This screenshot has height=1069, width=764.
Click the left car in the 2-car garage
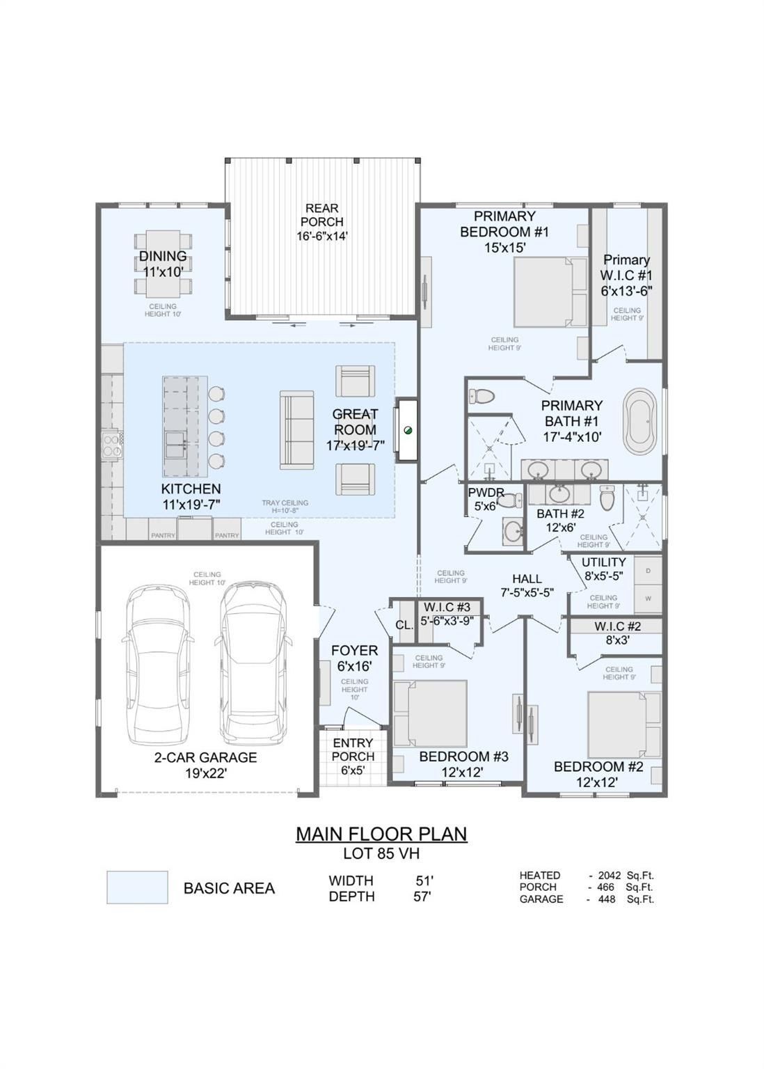click(x=158, y=661)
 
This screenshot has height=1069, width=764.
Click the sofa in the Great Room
click(x=296, y=429)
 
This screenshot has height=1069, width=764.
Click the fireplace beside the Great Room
click(x=407, y=430)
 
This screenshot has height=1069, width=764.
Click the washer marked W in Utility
click(x=648, y=598)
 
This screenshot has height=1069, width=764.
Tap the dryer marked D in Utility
click(x=648, y=571)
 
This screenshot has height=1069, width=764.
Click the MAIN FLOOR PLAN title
click(x=381, y=833)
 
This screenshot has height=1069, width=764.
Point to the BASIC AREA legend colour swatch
click(x=137, y=887)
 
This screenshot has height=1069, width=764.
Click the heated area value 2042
click(x=609, y=876)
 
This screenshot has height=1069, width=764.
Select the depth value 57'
click(x=422, y=896)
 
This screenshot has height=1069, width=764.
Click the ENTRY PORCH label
click(x=353, y=750)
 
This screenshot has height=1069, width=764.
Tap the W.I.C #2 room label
click(x=617, y=626)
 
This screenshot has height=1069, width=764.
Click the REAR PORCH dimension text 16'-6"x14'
click(x=322, y=236)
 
